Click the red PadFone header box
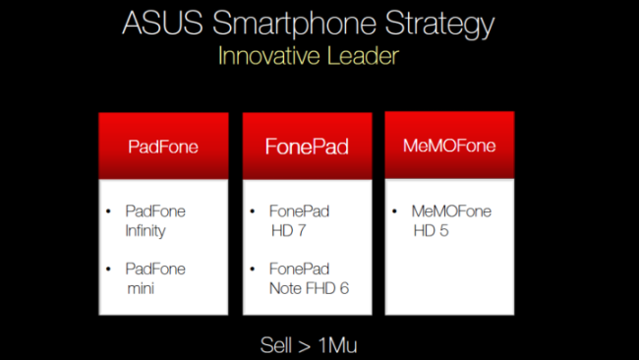pyautogui.click(x=163, y=147)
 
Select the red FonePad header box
pyautogui.click(x=307, y=147)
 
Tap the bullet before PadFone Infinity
pyautogui.click(x=110, y=211)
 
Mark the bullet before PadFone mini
pyautogui.click(x=110, y=269)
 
